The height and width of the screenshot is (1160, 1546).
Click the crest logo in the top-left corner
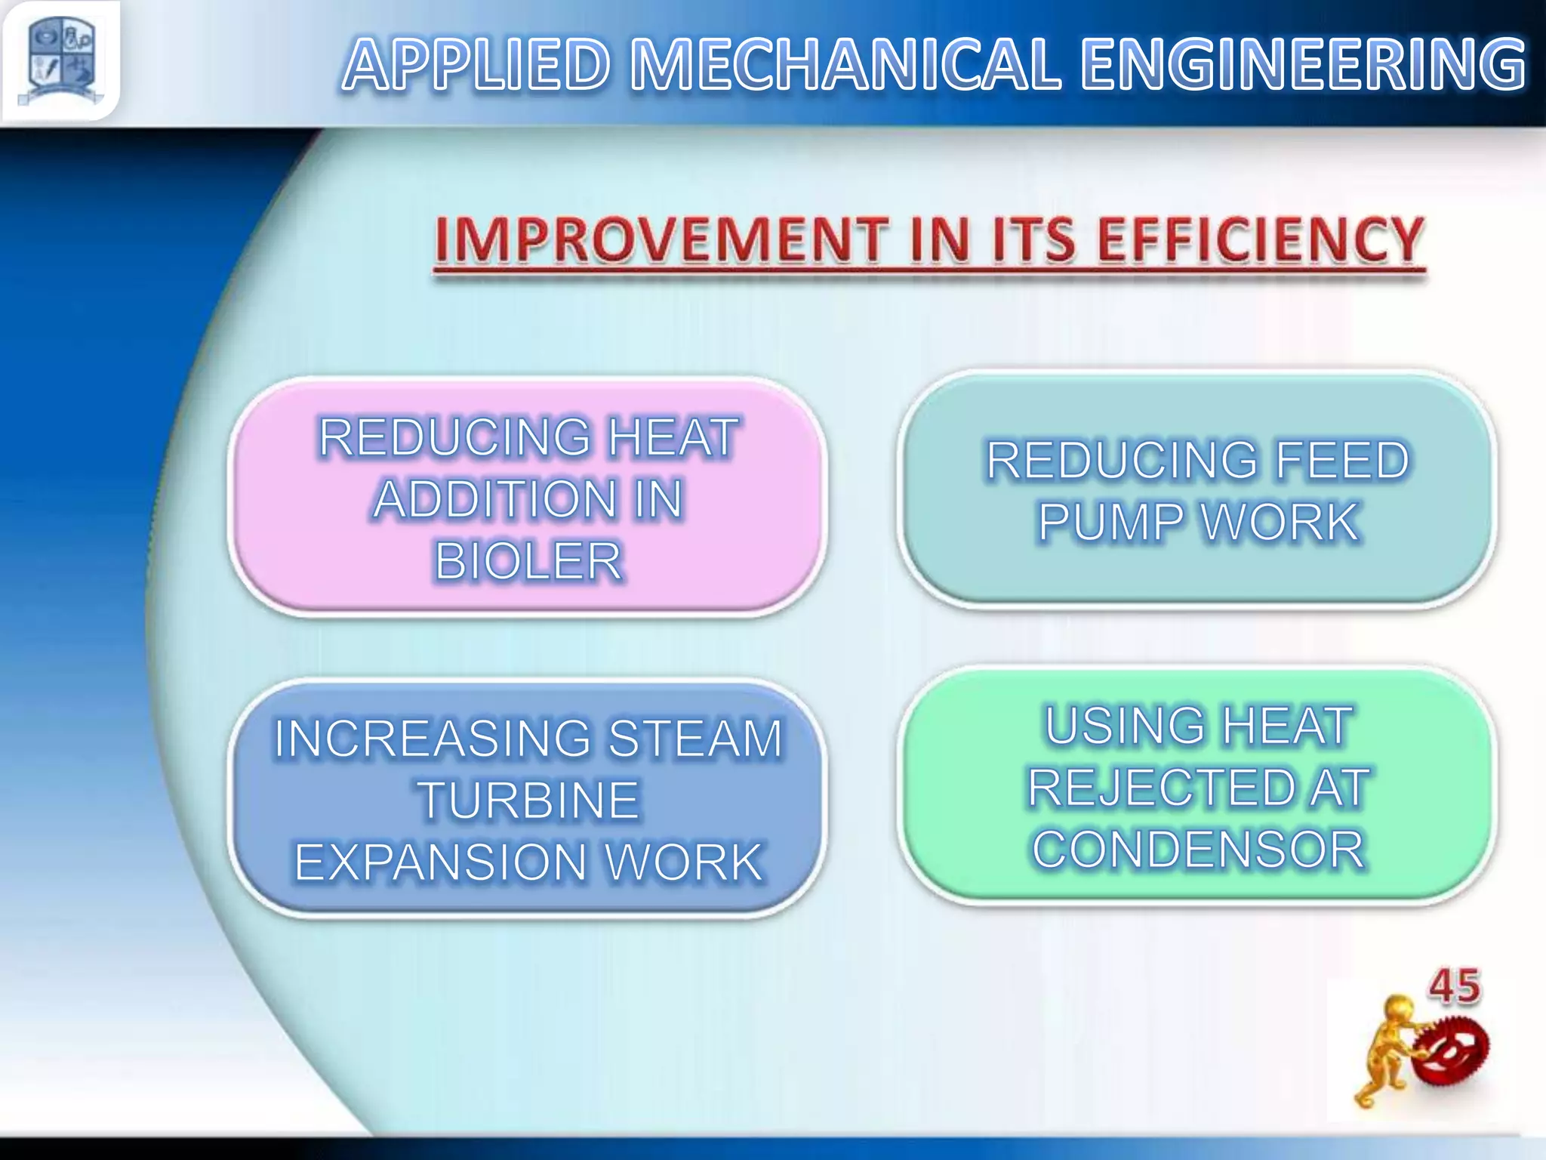pos(60,60)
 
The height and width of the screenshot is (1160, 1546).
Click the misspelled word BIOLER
pos(528,561)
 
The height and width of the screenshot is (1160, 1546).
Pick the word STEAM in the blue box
pos(695,738)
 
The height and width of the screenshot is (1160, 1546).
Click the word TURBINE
pos(528,801)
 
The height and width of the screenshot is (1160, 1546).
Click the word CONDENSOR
pos(1198,850)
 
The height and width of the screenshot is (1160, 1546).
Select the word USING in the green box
pos(1125,726)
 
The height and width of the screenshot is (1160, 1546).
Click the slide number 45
pos(1454,987)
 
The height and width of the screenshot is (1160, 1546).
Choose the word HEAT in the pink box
pos(673,437)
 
